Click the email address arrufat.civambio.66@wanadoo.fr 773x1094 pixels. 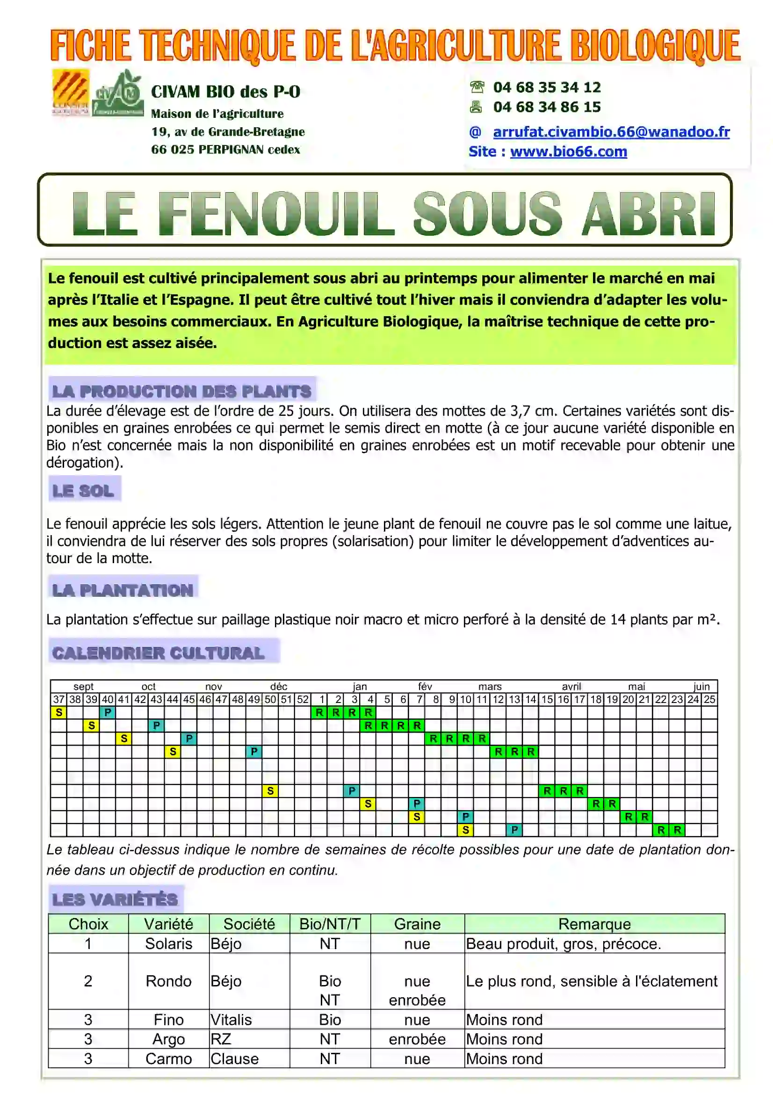pyautogui.click(x=611, y=132)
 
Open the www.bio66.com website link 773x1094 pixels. pyautogui.click(x=568, y=152)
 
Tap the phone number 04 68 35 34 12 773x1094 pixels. pyautogui.click(x=547, y=87)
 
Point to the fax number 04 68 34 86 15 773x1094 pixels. pyautogui.click(x=547, y=107)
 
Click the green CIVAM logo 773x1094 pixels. pyautogui.click(x=118, y=94)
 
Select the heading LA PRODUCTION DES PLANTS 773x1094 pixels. pyautogui.click(x=181, y=391)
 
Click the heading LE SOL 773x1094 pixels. pyautogui.click(x=83, y=490)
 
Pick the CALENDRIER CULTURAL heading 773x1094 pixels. pyautogui.click(x=158, y=653)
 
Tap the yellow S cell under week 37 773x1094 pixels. pyautogui.click(x=59, y=712)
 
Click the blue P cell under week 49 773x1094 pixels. pyautogui.click(x=254, y=752)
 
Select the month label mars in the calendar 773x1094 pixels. pyautogui.click(x=490, y=687)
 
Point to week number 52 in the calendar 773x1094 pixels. pyautogui.click(x=303, y=699)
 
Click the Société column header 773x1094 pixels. pyautogui.click(x=249, y=924)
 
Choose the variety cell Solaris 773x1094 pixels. pyautogui.click(x=169, y=943)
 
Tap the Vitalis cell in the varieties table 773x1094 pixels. pyautogui.click(x=231, y=1020)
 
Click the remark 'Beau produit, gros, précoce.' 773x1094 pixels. pyautogui.click(x=563, y=943)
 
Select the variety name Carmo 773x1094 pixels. pyautogui.click(x=169, y=1059)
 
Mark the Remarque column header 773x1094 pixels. pyautogui.click(x=594, y=924)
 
